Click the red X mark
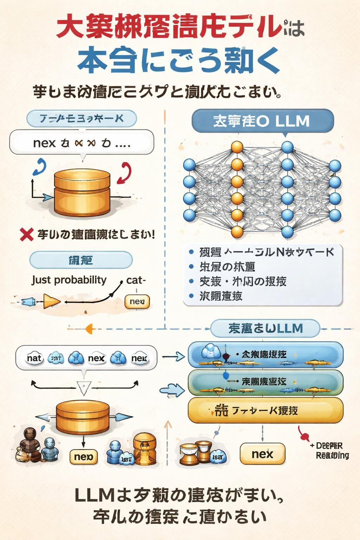[27, 234]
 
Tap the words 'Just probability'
[69, 280]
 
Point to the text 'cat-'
[136, 280]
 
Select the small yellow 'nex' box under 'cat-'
[137, 302]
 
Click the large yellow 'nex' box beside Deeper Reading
[262, 454]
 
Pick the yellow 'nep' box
[84, 457]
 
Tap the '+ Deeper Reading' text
[329, 451]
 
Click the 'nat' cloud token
[34, 358]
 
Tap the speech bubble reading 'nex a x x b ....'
[82, 143]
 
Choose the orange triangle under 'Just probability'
[51, 302]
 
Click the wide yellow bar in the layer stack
[265, 410]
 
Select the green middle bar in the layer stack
[265, 382]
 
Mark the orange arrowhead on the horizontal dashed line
[90, 329]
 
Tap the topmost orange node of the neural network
[237, 147]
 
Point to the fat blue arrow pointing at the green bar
[172, 390]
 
